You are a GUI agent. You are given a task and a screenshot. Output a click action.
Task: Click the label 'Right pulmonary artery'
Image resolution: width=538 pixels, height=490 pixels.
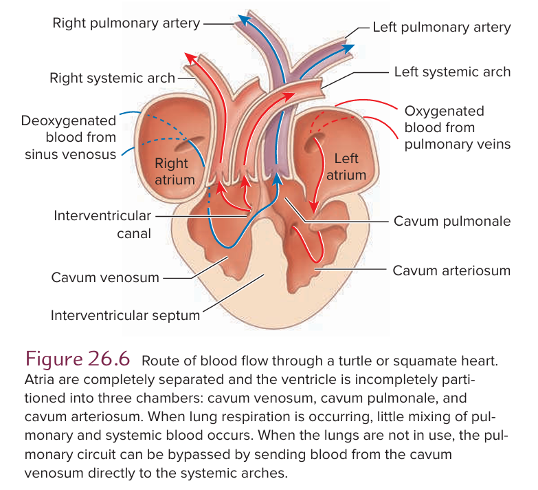tap(126, 23)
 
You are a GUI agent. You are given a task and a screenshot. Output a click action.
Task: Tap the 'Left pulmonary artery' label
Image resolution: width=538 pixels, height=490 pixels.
tap(442, 28)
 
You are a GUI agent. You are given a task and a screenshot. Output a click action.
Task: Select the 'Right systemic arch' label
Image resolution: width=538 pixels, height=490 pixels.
tap(113, 78)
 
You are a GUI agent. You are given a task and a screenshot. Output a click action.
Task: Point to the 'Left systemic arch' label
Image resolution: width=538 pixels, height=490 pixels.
tap(452, 72)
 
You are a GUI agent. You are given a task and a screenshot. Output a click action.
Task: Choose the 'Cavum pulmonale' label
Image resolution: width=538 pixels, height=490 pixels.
tap(452, 222)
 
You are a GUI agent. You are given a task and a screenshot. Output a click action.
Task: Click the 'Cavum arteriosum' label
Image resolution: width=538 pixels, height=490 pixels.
tap(451, 270)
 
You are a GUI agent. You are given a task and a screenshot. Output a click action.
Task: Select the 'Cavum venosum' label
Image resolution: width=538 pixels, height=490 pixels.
tap(105, 278)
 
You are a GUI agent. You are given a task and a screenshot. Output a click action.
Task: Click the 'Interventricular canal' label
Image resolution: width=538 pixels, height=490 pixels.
tap(102, 224)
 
